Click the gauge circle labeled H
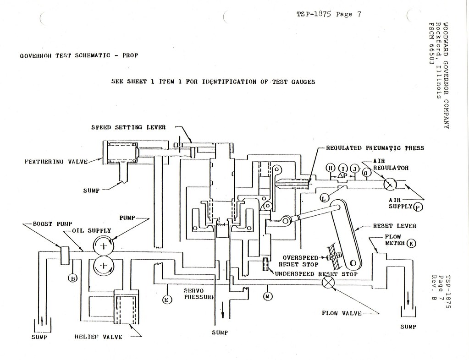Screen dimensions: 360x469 pyautogui.click(x=331, y=169)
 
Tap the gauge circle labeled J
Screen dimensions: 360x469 pyautogui.click(x=353, y=169)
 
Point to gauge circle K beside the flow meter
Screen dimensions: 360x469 pyautogui.click(x=411, y=243)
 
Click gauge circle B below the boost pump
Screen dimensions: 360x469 pyautogui.click(x=72, y=277)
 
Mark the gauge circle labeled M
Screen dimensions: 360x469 pyautogui.click(x=268, y=296)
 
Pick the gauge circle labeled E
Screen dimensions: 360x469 pyautogui.click(x=167, y=300)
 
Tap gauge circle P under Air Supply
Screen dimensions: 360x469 pyautogui.click(x=418, y=207)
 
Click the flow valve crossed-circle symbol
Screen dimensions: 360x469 pyautogui.click(x=328, y=281)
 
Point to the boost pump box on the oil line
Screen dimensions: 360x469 pyautogui.click(x=64, y=254)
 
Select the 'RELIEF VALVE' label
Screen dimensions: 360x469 pyautogui.click(x=98, y=337)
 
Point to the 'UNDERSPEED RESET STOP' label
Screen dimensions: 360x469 pyautogui.click(x=316, y=273)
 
